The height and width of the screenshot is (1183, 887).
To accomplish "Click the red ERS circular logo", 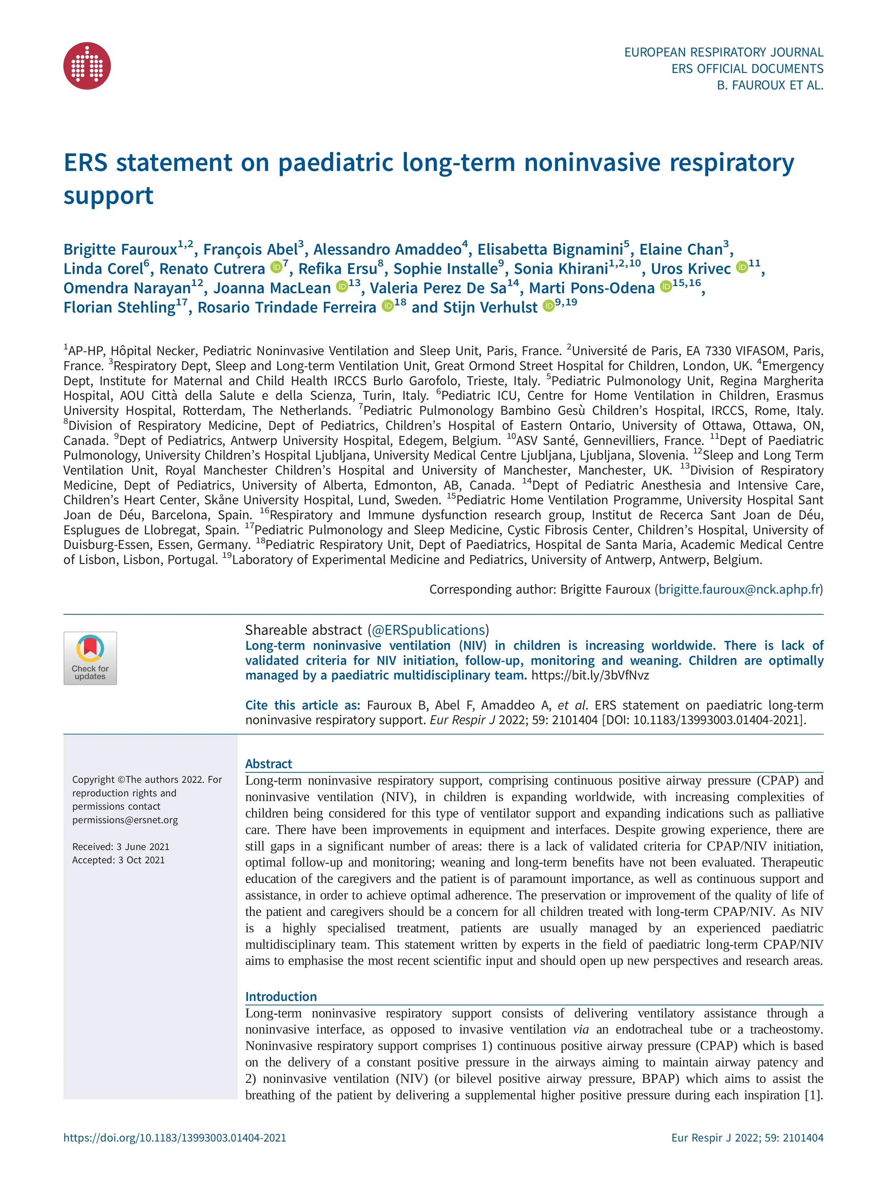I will (x=87, y=66).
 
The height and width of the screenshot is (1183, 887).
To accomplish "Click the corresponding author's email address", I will (x=739, y=589).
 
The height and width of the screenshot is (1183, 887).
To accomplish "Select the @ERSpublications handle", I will (x=428, y=630).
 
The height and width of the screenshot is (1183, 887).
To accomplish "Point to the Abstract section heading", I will (x=268, y=764).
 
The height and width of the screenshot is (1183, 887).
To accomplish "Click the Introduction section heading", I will (x=281, y=996).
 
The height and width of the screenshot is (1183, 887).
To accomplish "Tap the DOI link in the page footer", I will (x=175, y=1138).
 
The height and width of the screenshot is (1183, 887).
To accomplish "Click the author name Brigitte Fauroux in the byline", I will (x=120, y=250).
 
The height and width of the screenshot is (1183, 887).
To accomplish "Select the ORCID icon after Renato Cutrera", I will (x=276, y=267).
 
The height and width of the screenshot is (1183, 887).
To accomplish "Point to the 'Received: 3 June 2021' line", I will (x=121, y=846).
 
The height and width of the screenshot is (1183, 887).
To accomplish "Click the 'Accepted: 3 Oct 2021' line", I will (x=118, y=860).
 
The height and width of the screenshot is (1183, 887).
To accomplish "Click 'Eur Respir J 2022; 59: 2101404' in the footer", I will (x=747, y=1138).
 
